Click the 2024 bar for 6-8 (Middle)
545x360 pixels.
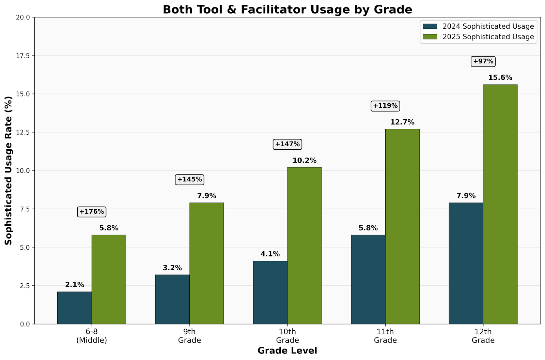click(x=75, y=308)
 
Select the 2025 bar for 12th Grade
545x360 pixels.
click(x=500, y=204)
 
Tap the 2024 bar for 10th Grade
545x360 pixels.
click(x=270, y=292)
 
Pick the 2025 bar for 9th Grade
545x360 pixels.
click(x=206, y=263)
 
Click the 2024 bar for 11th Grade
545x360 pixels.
click(x=368, y=280)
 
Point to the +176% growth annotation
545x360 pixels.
click(x=92, y=212)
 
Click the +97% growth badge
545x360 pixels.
click(x=483, y=61)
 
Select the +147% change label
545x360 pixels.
click(x=287, y=144)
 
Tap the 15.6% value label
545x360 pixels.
click(x=500, y=78)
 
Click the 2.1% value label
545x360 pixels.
click(x=75, y=285)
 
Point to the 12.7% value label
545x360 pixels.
click(x=402, y=122)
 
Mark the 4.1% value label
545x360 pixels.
click(x=270, y=254)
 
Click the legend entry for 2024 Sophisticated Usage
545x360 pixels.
click(x=478, y=26)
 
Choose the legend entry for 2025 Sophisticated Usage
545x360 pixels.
click(x=478, y=36)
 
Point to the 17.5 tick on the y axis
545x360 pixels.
click(x=22, y=56)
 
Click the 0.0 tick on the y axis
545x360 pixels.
click(x=24, y=324)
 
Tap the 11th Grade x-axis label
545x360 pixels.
click(x=385, y=336)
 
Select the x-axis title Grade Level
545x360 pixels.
click(x=287, y=351)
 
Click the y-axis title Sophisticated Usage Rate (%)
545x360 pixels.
click(x=9, y=170)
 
